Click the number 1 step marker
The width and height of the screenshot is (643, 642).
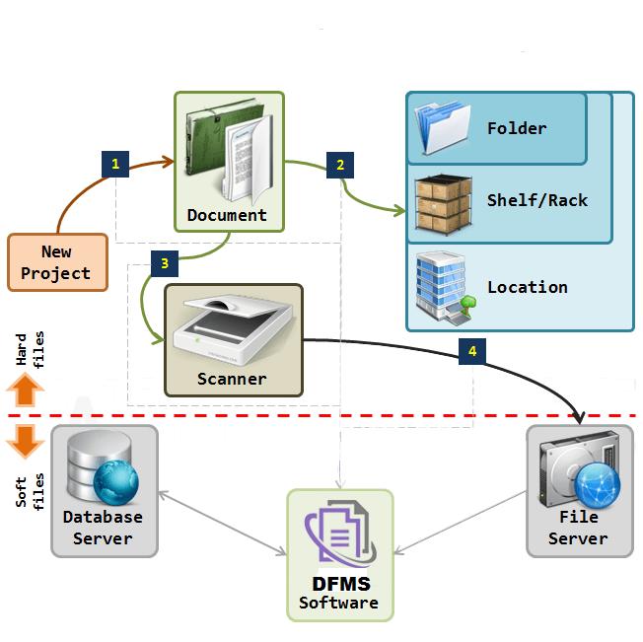click(115, 164)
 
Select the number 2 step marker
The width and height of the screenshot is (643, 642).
click(340, 164)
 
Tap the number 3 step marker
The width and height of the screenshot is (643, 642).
click(164, 262)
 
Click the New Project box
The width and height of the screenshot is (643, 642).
click(56, 262)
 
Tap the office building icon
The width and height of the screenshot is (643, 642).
click(443, 287)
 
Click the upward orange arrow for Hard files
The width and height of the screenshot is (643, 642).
click(26, 392)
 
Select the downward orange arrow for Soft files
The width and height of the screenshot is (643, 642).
click(26, 440)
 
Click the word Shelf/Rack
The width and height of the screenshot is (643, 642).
click(536, 200)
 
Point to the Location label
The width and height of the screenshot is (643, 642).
click(527, 287)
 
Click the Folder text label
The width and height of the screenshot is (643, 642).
click(516, 128)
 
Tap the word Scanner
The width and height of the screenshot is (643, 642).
click(232, 378)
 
